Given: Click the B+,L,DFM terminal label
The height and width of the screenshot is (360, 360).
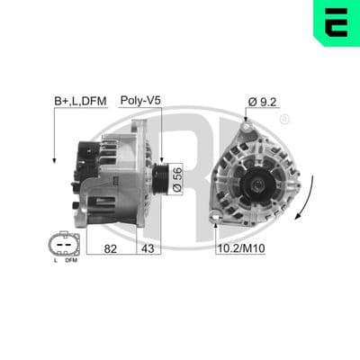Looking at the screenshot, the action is tap(80, 101).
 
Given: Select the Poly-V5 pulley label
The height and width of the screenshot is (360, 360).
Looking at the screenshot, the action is tap(140, 101).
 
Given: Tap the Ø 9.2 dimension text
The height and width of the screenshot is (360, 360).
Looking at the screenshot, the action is tap(262, 102).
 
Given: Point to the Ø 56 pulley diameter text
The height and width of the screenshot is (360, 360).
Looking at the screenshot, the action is tap(177, 179).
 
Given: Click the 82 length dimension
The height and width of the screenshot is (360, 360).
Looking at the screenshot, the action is tap(111, 248).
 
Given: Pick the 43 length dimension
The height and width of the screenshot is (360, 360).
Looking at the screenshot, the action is tap(148, 248).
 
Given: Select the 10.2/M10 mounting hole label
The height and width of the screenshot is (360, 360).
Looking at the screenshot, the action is tap(241, 248).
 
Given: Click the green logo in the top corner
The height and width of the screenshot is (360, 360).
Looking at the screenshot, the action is tap(337, 23).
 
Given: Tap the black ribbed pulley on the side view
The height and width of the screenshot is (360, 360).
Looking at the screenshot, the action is tap(158, 179).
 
